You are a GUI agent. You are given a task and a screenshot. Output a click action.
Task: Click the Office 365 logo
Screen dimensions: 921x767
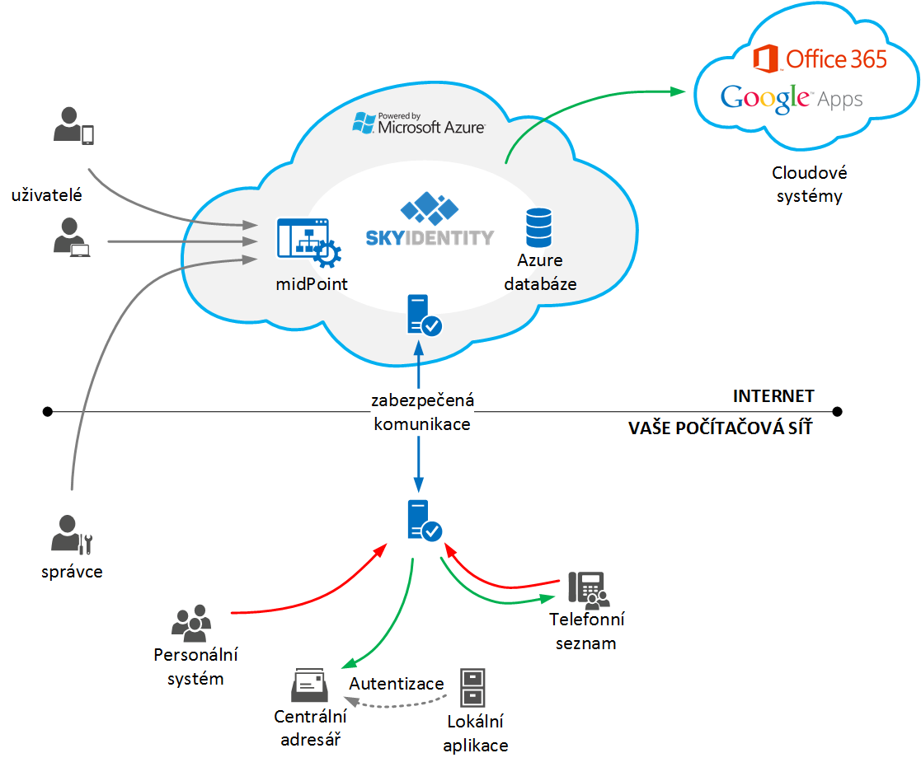pyautogui.click(x=820, y=58)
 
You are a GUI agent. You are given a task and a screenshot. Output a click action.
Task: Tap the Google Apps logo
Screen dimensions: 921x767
pyautogui.click(x=792, y=99)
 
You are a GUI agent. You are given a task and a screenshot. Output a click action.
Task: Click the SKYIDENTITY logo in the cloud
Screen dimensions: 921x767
pyautogui.click(x=430, y=219)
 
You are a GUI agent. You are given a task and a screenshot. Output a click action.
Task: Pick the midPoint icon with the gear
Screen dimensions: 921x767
pyautogui.click(x=309, y=242)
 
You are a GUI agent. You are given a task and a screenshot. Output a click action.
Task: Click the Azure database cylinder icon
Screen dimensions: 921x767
pyautogui.click(x=538, y=227)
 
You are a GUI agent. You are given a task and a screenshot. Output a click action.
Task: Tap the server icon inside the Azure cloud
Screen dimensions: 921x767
pyautogui.click(x=424, y=316)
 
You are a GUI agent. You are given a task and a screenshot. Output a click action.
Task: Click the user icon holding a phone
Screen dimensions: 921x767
pyautogui.click(x=73, y=125)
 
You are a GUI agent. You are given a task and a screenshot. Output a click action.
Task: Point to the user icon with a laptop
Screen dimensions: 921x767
pyautogui.click(x=72, y=237)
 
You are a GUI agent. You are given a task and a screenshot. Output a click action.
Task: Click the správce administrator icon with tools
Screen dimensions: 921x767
pyautogui.click(x=72, y=534)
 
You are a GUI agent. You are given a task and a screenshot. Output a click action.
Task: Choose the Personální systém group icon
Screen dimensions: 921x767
pyautogui.click(x=191, y=623)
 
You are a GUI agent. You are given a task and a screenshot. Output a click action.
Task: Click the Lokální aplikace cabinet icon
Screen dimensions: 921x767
pyautogui.click(x=472, y=687)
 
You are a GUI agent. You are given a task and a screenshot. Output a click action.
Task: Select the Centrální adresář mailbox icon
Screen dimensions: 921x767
pyautogui.click(x=309, y=685)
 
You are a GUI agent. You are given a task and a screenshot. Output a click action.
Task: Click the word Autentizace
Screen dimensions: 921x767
pyautogui.click(x=397, y=684)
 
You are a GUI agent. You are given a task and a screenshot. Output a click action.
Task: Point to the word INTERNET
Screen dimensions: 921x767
pyautogui.click(x=773, y=396)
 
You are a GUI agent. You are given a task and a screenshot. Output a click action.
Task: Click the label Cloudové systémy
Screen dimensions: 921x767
pyautogui.click(x=810, y=185)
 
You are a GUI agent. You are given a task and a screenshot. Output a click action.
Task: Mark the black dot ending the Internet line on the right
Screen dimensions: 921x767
pyautogui.click(x=837, y=411)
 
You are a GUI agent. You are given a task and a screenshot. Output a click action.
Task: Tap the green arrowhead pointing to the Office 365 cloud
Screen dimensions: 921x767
pyautogui.click(x=678, y=91)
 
